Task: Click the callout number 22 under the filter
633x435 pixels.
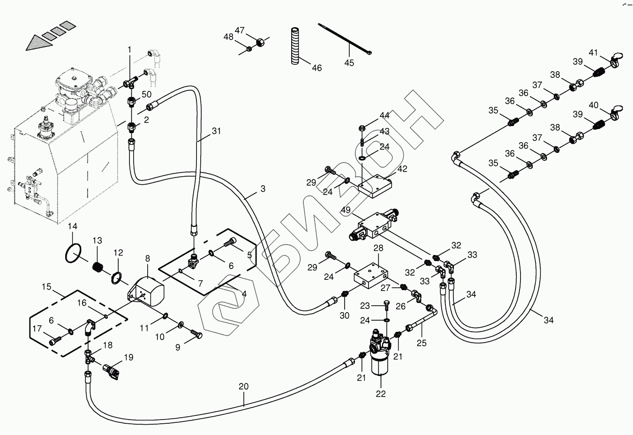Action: [380, 394]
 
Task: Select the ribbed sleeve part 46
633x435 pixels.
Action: [294, 46]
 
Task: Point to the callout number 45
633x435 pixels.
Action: [349, 63]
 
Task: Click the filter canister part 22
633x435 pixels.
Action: [380, 361]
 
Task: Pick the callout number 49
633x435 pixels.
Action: [346, 210]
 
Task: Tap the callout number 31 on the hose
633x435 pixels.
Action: [216, 131]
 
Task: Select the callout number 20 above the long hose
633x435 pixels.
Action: [243, 387]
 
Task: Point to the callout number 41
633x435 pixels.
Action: [594, 52]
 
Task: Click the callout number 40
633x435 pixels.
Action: [594, 105]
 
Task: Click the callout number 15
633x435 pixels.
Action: [46, 286]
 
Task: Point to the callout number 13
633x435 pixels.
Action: [97, 241]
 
